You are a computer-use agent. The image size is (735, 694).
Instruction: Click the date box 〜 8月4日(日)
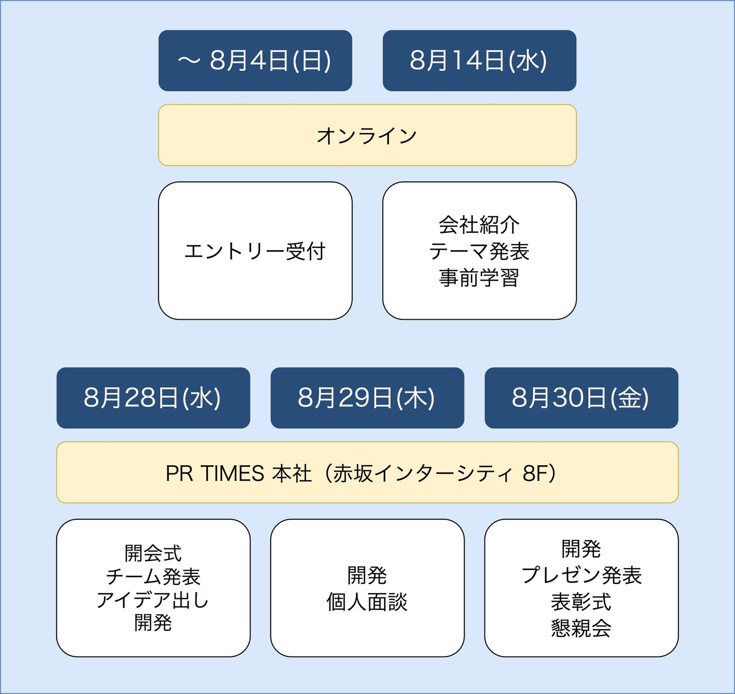tap(255, 61)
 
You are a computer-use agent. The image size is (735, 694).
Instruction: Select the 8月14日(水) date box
tap(479, 61)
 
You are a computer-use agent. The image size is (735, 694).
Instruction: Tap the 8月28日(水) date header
tap(153, 398)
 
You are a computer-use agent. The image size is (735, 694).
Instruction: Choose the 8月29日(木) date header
tap(367, 398)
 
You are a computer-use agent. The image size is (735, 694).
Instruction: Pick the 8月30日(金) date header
tap(581, 398)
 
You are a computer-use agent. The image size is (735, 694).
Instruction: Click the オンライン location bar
tap(367, 136)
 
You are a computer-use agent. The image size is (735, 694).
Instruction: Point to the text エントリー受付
tap(255, 251)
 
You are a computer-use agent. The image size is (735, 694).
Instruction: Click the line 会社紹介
tap(479, 225)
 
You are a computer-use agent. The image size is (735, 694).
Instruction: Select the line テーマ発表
tap(479, 251)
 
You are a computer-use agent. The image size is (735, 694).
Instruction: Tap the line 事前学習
tap(479, 278)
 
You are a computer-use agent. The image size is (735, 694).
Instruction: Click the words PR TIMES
tap(214, 473)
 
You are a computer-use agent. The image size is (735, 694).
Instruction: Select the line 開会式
tap(153, 554)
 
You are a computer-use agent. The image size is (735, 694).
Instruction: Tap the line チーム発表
tap(153, 577)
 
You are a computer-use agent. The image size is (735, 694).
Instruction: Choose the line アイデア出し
tap(153, 600)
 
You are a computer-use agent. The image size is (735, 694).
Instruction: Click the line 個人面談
tap(367, 602)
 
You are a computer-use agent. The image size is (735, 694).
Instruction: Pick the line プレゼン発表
tap(581, 575)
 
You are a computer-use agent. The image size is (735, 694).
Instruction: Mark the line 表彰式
tap(581, 602)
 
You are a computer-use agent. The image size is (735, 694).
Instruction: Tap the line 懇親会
tap(581, 628)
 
